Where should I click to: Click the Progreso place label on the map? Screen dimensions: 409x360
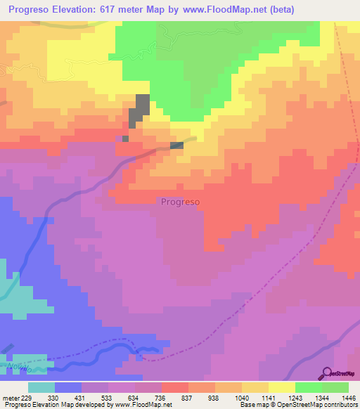pos(181,201)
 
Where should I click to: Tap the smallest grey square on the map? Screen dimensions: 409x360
pos(125,138)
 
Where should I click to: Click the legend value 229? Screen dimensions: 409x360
pos(29,397)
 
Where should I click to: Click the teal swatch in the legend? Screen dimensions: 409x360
pos(41,387)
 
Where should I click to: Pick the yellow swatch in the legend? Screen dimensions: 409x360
pos(283,387)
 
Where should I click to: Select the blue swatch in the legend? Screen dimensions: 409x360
pos(68,387)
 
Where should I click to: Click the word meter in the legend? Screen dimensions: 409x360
pos(11,397)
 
